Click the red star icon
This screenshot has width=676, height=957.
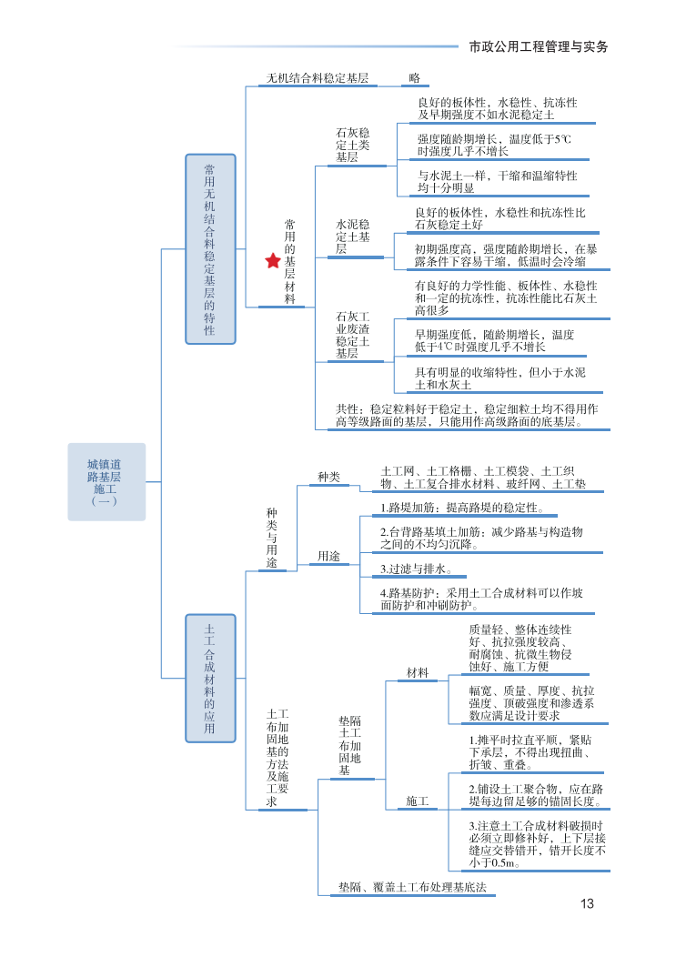click(x=273, y=261)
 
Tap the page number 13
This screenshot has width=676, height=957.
click(x=587, y=903)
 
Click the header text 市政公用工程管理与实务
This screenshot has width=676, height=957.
click(x=538, y=46)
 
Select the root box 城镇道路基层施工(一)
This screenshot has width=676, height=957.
click(x=106, y=481)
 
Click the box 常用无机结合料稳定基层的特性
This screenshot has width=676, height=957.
click(x=210, y=249)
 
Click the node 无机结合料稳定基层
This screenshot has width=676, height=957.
click(x=317, y=78)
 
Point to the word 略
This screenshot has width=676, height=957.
click(x=415, y=78)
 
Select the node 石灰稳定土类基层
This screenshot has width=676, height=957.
click(x=353, y=145)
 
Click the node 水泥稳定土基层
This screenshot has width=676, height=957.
click(x=352, y=236)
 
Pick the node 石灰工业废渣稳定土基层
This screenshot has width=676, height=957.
click(x=353, y=335)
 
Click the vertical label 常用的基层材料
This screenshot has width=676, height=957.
click(x=290, y=261)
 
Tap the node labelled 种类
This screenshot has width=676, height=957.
click(x=328, y=477)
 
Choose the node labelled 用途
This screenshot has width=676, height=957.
click(x=328, y=556)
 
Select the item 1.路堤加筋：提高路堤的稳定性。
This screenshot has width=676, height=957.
click(x=462, y=507)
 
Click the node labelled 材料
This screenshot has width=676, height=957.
click(x=418, y=672)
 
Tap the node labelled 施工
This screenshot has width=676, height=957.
click(x=418, y=801)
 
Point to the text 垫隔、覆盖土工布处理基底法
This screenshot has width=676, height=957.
click(x=413, y=886)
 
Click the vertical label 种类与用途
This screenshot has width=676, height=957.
click(x=272, y=538)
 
